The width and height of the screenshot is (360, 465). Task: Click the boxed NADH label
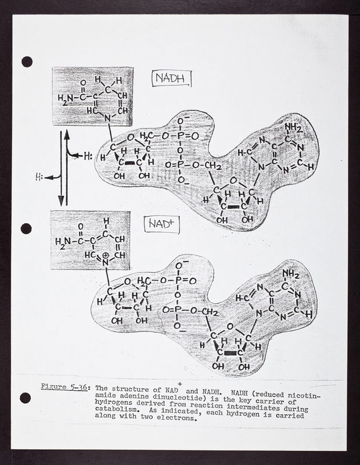point(171,78)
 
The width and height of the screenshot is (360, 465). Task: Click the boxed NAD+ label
point(162,224)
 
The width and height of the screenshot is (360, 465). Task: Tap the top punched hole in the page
point(27,62)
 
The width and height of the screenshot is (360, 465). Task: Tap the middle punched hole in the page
point(26,228)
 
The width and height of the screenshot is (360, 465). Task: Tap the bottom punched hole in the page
point(25,398)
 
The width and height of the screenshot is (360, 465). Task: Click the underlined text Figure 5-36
point(64,387)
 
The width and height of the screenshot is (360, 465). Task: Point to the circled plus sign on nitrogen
point(106,255)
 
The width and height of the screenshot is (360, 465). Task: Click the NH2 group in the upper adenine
point(293,128)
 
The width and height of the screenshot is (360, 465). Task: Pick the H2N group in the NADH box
point(66,98)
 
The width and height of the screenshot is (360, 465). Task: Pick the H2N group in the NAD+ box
point(63,241)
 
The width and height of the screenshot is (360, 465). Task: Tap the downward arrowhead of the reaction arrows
point(61,201)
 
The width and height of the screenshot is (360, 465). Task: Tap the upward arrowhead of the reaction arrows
point(67,135)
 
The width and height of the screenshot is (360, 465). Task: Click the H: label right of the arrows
point(88,156)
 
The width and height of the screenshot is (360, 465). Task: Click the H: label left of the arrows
point(39,177)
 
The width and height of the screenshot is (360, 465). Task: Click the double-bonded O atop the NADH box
point(83,83)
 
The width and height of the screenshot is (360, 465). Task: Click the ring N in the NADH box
point(107,119)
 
